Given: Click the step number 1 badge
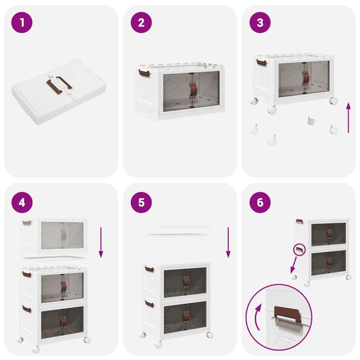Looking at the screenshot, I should coord(22,22).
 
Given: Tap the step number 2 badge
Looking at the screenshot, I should coord(141,22).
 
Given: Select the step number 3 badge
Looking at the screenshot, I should coord(260,22).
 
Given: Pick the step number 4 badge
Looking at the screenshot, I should coord(22,202).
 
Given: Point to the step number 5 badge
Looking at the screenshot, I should coord(141,202).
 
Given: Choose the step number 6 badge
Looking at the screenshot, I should coord(260,202).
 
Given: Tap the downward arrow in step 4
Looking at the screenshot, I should coord(101,243).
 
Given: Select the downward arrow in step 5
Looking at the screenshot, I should coord(228,243).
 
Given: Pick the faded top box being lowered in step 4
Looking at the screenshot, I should coord(54,236).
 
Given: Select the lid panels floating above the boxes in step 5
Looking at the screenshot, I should coord(176,231).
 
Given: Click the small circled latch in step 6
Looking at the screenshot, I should coord(300,250).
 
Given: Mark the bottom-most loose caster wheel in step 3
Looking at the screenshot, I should coord(272,140).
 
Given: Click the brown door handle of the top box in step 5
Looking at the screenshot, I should coord(186,281).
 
